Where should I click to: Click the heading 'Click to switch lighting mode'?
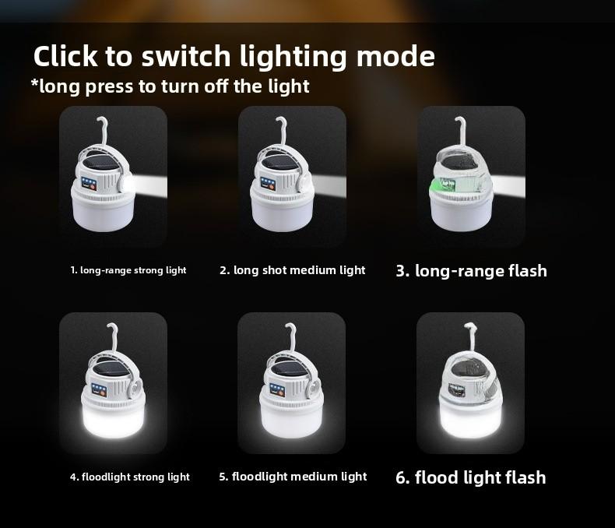pyautogui.click(x=234, y=57)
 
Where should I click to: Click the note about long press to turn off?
pyautogui.click(x=170, y=86)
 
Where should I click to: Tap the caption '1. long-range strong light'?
pyautogui.click(x=128, y=271)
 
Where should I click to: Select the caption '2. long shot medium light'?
pyautogui.click(x=292, y=270)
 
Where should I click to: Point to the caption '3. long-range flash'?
pyautogui.click(x=471, y=271)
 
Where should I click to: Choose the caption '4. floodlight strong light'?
pyautogui.click(x=130, y=477)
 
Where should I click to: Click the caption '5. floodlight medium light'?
pyautogui.click(x=293, y=477)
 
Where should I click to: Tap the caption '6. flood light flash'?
pyautogui.click(x=470, y=477)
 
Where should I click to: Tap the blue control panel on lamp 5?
pyautogui.click(x=277, y=389)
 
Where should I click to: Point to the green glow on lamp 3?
pyautogui.click(x=444, y=185)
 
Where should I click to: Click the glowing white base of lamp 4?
pyautogui.click(x=114, y=422)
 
